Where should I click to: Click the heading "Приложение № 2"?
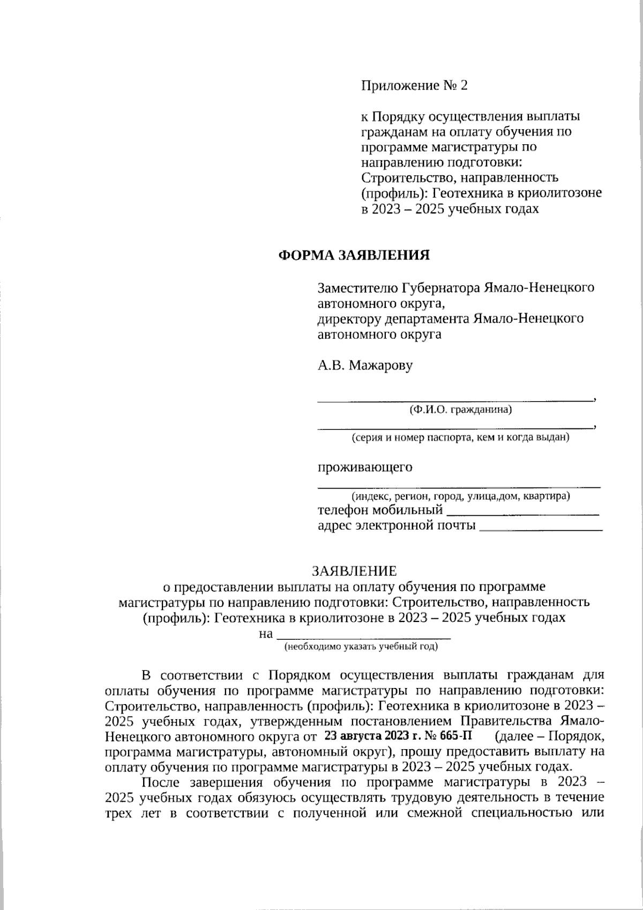pyautogui.click(x=414, y=85)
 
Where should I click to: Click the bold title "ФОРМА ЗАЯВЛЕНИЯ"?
pyautogui.click(x=354, y=255)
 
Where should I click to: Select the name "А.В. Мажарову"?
pyautogui.click(x=365, y=366)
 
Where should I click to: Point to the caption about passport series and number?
pyautogui.click(x=460, y=438)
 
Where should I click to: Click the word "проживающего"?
pyautogui.click(x=365, y=467)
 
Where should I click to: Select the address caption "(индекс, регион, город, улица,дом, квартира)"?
pyautogui.click(x=460, y=496)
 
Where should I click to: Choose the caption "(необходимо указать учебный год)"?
pyautogui.click(x=361, y=647)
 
